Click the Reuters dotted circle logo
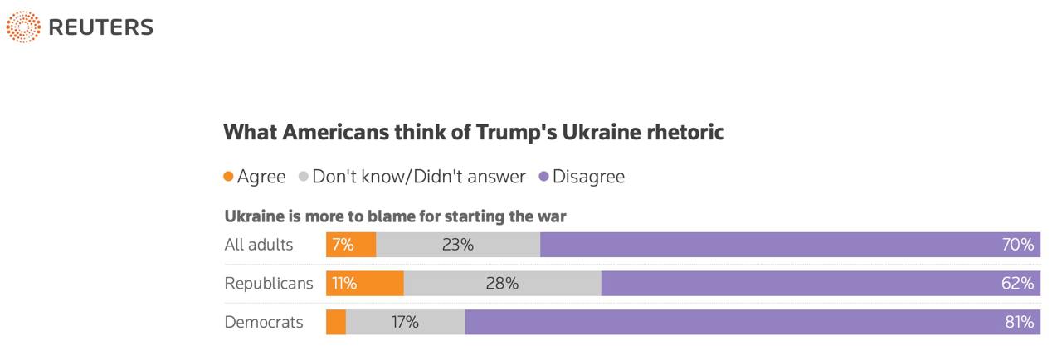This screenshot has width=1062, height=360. coord(23,27)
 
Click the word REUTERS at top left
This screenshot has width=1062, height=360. coord(101,27)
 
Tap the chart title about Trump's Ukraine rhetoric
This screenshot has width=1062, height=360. coord(474,133)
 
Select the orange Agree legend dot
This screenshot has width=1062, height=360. coord(228,177)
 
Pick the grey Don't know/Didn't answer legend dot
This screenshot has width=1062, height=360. coord(304,177)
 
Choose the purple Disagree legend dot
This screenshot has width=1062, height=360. coord(544,177)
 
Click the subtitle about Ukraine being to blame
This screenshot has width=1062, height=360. coord(395,217)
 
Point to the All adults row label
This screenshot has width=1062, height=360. coord(258,245)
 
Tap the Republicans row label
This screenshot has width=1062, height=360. coord(269,284)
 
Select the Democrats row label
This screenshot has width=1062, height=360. coord(264,322)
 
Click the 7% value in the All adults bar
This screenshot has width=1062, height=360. coord(343,245)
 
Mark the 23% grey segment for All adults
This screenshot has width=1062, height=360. coord(457,245)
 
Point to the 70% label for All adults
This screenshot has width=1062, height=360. coord(1017,245)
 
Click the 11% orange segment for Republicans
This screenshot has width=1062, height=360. coord(344,284)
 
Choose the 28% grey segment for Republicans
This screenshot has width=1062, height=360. coord(502,284)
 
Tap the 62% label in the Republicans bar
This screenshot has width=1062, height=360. coord(1017,284)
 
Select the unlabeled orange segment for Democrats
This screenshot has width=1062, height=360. coord(336,322)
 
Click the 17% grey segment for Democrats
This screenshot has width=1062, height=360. coord(405,322)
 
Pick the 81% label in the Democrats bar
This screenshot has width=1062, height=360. coord(1018,322)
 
